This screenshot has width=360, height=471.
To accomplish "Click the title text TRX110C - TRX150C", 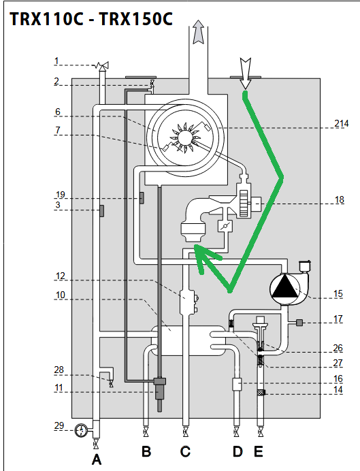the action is pyautogui.click(x=91, y=19).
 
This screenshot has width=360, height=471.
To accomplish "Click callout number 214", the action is pyautogui.click(x=342, y=123).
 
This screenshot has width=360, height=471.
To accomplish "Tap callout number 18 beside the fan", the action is pyautogui.click(x=340, y=199).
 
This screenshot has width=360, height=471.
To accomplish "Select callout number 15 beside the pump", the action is pyautogui.click(x=338, y=294).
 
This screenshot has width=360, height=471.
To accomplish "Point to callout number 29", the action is pyautogui.click(x=59, y=425).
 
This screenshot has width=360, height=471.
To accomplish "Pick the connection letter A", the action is pyautogui.click(x=97, y=459).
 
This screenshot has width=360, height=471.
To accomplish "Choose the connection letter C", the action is pyautogui.click(x=185, y=451).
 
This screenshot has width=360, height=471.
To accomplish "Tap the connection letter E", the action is pyautogui.click(x=259, y=451).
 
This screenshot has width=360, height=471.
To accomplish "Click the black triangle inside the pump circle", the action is pyautogui.click(x=284, y=287).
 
